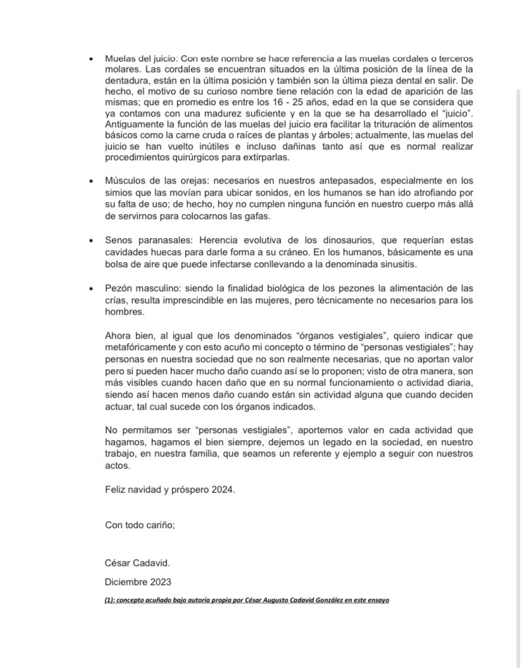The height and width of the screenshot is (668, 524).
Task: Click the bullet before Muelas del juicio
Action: [92, 58]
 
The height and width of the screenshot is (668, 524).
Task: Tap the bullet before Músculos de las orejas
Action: [92, 180]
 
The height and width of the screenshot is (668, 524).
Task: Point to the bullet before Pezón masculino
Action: [92, 288]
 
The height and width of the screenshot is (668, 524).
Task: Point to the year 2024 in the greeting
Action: [222, 489]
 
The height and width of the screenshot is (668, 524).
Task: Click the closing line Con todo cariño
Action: [139, 524]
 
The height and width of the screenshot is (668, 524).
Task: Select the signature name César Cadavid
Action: [137, 563]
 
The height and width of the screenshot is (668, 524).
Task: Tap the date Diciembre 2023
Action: [138, 581]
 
